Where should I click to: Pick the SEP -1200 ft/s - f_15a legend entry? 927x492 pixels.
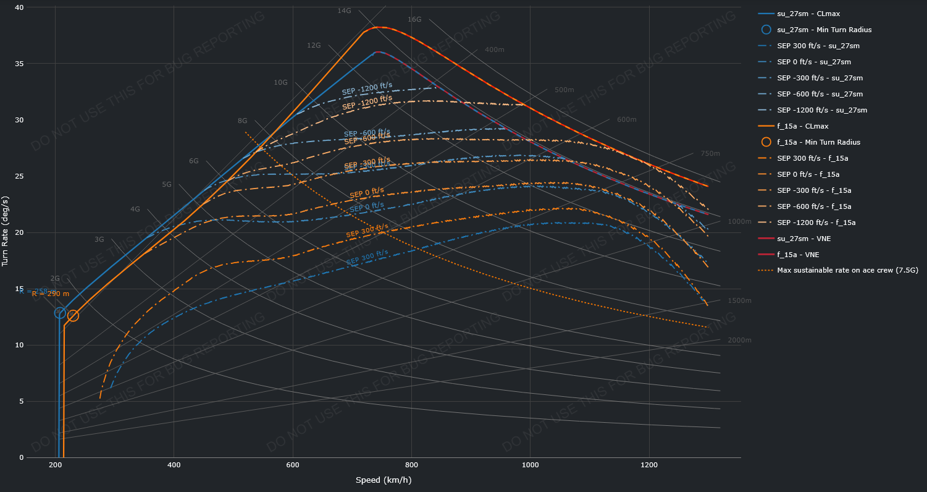[816, 223]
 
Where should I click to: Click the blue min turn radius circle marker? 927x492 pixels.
[60, 313]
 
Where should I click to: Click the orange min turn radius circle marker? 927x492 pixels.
[73, 316]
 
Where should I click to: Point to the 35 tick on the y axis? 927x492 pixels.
[19, 64]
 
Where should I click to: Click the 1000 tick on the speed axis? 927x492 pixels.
[531, 465]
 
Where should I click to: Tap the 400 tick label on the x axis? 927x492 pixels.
[174, 465]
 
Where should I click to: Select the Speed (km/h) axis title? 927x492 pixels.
[384, 480]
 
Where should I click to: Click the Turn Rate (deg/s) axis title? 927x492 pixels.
[6, 232]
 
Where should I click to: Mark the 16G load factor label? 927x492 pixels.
[414, 19]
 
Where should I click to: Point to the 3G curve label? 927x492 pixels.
[99, 239]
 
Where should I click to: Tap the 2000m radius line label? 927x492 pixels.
[739, 340]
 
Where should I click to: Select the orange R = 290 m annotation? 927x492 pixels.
[51, 294]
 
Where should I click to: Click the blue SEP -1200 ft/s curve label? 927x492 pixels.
[367, 89]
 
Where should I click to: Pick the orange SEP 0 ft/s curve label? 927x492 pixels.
[367, 193]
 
